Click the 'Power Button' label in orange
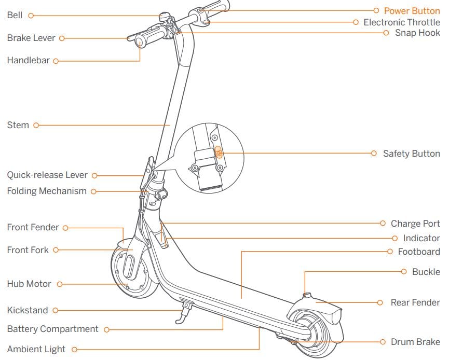412,10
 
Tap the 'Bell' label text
15,15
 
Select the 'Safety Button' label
411,154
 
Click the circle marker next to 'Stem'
36,125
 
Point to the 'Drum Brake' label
415,342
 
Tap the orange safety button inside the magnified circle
219,153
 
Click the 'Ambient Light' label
36,349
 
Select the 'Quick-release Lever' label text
47,175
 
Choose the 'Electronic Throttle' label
401,22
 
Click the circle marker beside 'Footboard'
390,252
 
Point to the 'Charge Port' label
415,224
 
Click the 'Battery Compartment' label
52,329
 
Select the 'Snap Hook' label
417,33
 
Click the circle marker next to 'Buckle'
404,271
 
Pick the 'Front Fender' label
33,227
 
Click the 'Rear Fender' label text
415,302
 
